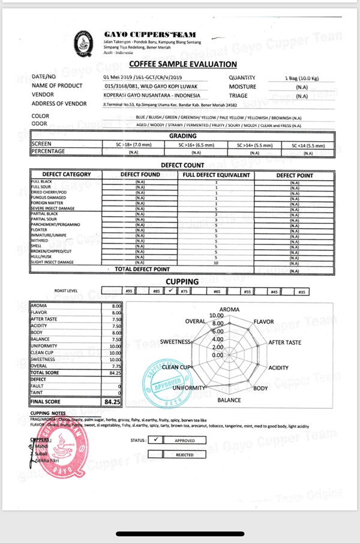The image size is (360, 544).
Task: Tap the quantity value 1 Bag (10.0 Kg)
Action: [x=302, y=78]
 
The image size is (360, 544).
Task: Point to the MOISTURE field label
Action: [x=242, y=86]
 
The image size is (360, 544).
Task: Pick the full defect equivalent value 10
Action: [x=215, y=263]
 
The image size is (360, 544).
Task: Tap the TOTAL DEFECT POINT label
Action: [x=142, y=270]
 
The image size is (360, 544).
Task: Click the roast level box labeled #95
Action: [x=129, y=291]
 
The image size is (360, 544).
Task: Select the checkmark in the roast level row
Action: [x=171, y=291]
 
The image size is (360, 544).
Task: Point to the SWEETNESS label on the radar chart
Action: [x=175, y=342]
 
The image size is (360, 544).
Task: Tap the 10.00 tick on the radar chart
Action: [x=216, y=315]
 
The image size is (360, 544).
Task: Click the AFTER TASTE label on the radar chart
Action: [x=285, y=342]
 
